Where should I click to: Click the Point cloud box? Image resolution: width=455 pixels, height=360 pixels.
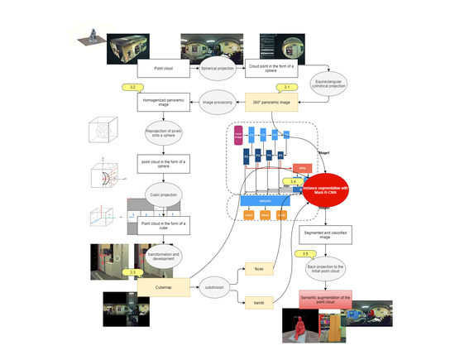(x=163, y=68)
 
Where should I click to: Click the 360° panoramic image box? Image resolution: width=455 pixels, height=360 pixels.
(x=272, y=102)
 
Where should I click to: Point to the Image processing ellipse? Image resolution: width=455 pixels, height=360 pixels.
(x=218, y=103)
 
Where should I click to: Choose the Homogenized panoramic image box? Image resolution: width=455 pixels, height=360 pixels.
(x=163, y=103)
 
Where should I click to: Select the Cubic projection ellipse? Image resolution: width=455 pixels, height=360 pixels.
(x=163, y=195)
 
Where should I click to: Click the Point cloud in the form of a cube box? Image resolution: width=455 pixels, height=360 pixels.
(x=163, y=224)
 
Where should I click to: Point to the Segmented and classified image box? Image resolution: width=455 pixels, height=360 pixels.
(x=328, y=236)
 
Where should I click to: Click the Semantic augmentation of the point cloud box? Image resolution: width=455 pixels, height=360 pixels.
(x=328, y=298)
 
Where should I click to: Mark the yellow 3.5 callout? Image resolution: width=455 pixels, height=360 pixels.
(x=305, y=253)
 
